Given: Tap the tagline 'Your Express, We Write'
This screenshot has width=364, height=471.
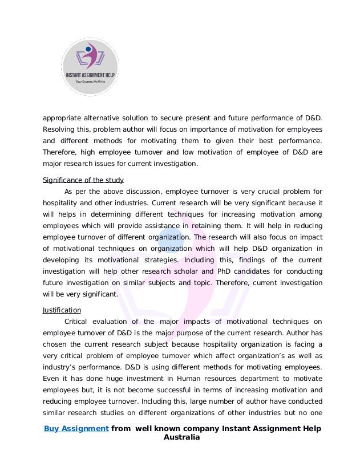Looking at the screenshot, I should [x=90, y=82].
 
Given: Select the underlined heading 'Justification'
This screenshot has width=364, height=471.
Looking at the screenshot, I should [x=62, y=310].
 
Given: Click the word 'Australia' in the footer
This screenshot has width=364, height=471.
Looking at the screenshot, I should [x=182, y=437].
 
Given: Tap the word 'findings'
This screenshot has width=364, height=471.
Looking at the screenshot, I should [x=225, y=259].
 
